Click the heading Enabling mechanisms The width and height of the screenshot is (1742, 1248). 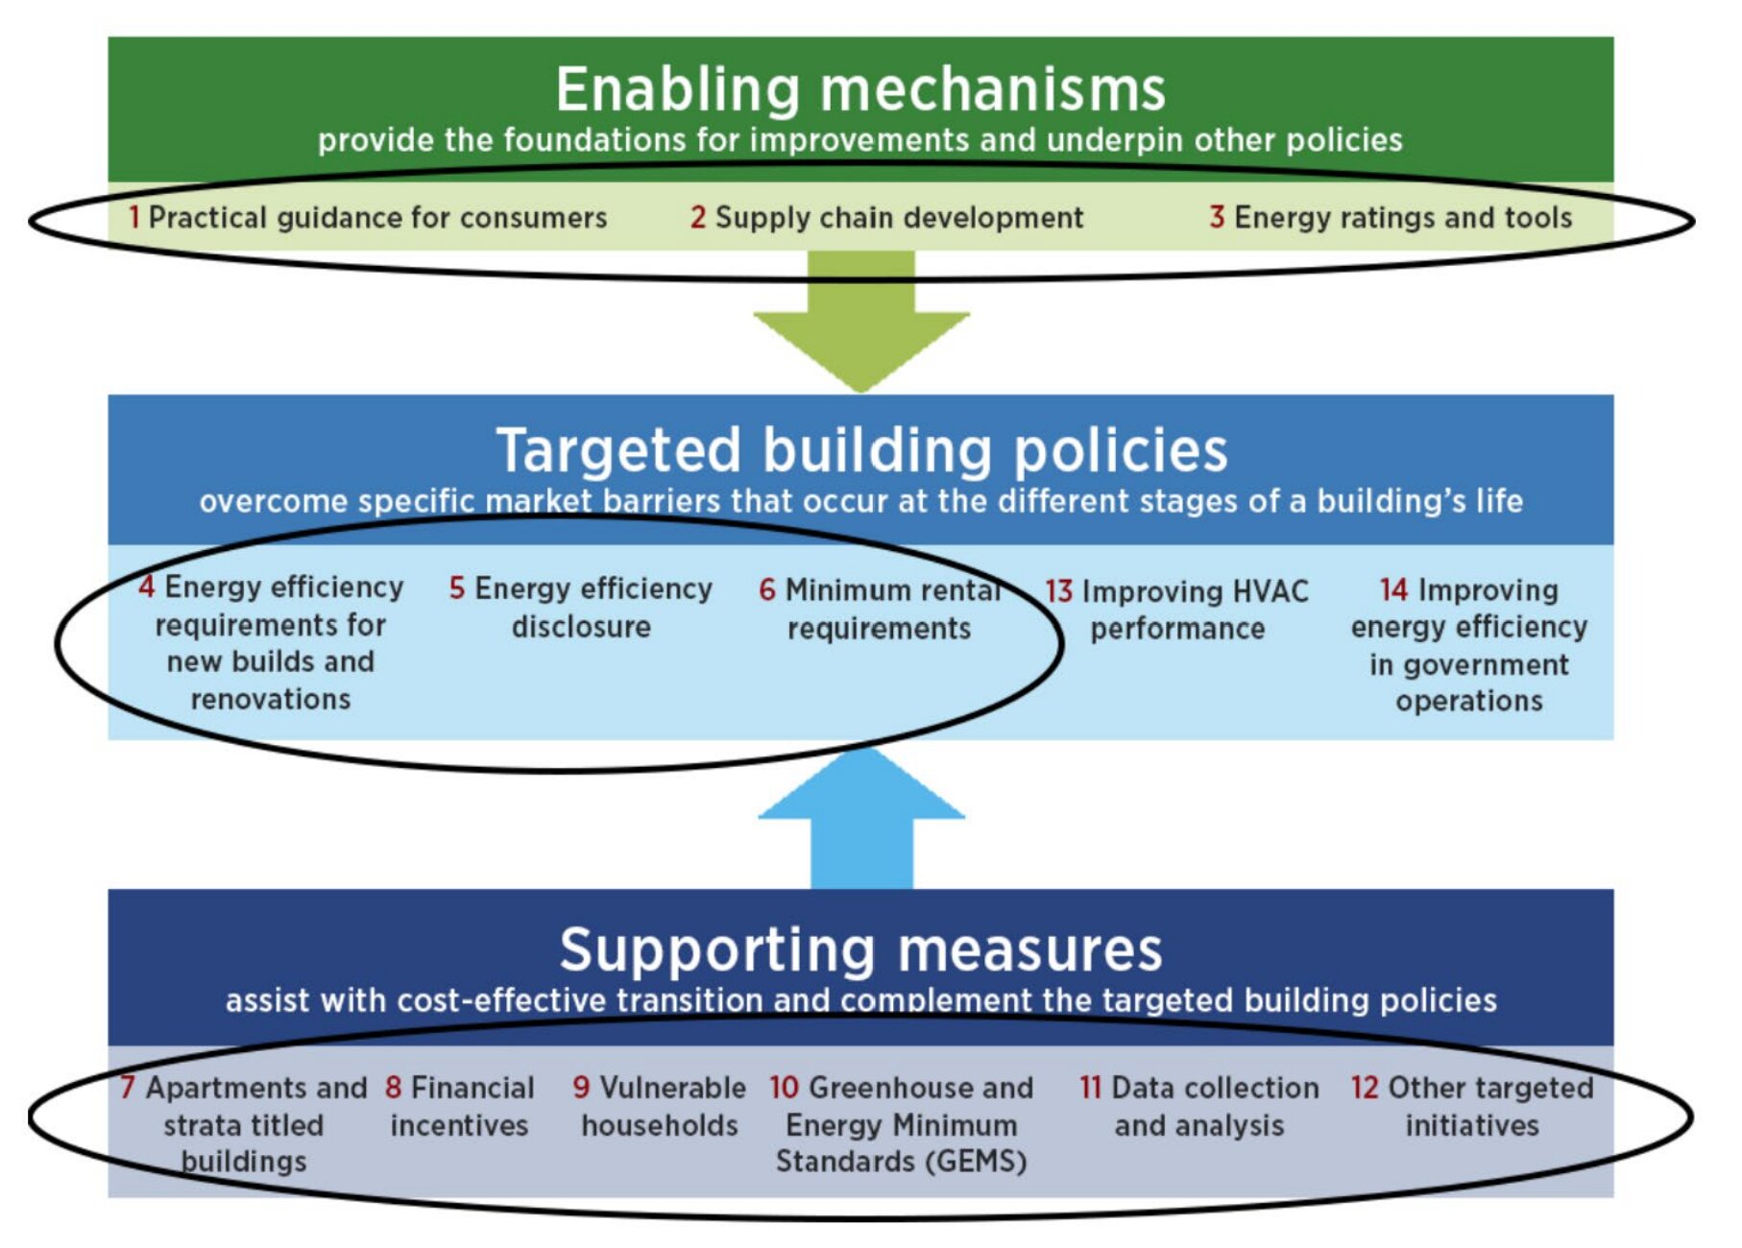point(859,89)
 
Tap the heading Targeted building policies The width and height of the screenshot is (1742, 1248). point(861,450)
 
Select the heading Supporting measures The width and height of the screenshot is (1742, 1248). point(860,949)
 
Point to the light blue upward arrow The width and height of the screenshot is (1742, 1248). point(861,816)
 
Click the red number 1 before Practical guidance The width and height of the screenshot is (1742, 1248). point(134,217)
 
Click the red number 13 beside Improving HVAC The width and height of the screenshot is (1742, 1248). point(1058,591)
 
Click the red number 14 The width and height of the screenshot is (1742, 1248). point(1393,589)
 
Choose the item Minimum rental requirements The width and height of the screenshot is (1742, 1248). point(880,609)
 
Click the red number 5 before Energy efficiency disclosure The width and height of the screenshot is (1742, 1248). point(457,588)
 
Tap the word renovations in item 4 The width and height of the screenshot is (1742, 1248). point(271,699)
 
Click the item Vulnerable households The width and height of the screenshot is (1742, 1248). point(659,1106)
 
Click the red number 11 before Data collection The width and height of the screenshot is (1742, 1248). point(1090,1088)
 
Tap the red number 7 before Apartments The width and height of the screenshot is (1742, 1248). point(128,1088)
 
